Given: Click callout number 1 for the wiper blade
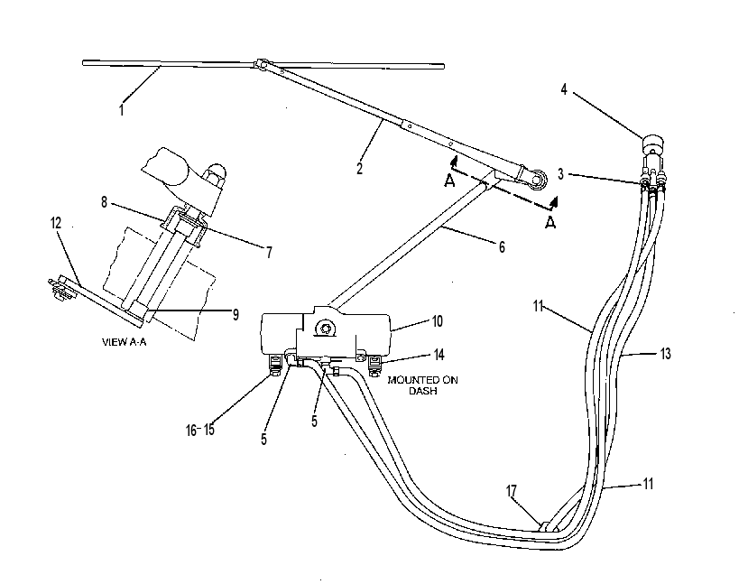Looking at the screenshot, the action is (x=122, y=110).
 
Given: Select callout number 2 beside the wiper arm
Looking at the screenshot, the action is (x=360, y=168).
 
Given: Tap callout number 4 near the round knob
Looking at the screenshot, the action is (x=564, y=89).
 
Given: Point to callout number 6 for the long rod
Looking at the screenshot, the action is (x=502, y=246).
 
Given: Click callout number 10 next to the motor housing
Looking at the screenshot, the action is (x=438, y=321).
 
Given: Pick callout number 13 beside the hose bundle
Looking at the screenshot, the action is (x=666, y=354).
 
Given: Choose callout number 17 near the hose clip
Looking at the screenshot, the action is (x=512, y=491).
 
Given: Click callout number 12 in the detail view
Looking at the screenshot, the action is (x=56, y=223).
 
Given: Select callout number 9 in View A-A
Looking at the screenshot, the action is (x=235, y=314).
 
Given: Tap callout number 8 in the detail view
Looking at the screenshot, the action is (x=104, y=202).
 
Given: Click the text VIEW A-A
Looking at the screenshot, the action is (x=124, y=342).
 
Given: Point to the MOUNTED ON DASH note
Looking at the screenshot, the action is (x=422, y=385).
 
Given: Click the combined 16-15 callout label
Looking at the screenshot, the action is (x=200, y=430).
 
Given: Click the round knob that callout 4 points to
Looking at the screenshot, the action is (x=652, y=144).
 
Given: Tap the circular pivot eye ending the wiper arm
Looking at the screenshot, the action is (x=538, y=179).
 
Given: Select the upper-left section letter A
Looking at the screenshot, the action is (x=449, y=181).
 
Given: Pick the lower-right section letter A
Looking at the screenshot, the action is (x=550, y=222).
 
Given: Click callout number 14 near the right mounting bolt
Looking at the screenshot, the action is (x=439, y=355).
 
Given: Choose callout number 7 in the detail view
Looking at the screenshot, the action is (x=269, y=252).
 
